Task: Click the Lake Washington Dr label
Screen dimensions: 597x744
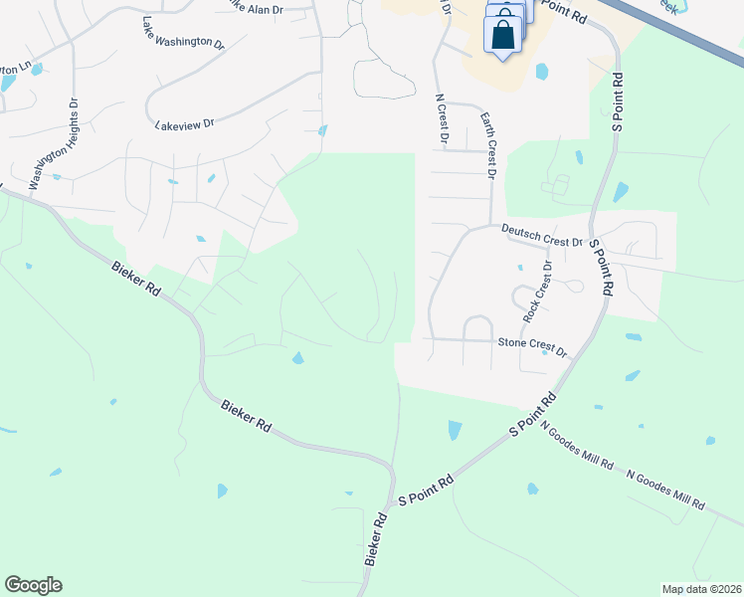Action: click(x=184, y=32)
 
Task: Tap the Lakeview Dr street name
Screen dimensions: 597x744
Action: click(x=185, y=124)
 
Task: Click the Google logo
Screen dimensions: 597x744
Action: click(x=33, y=585)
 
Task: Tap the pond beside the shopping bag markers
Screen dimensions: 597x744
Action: click(x=541, y=72)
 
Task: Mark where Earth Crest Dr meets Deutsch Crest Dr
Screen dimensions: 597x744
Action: click(x=490, y=226)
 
